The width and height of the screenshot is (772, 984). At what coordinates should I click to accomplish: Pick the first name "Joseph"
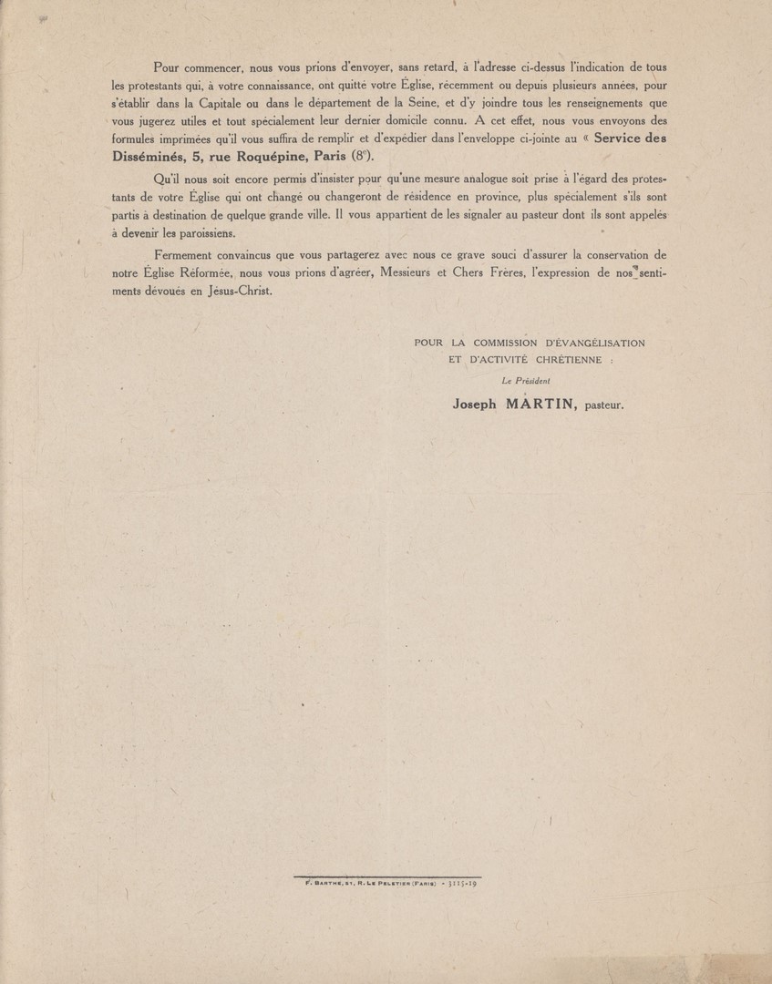click(474, 406)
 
